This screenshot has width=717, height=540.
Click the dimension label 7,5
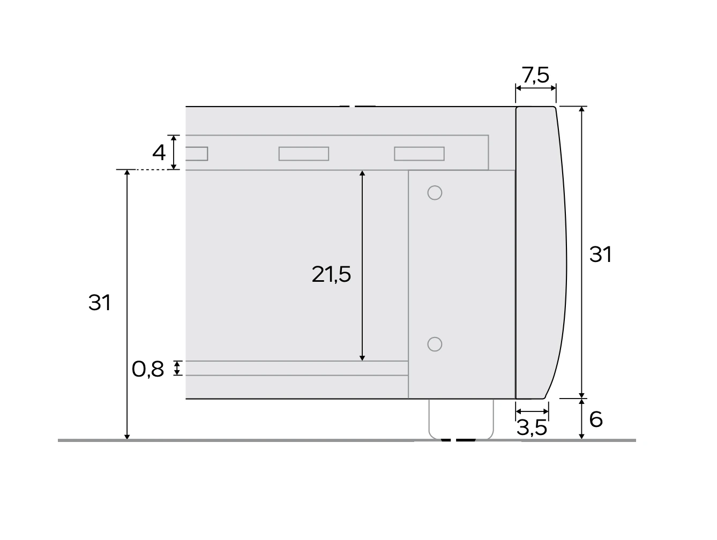tap(535, 76)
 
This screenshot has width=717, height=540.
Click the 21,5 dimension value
tap(331, 274)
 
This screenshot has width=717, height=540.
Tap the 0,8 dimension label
tap(148, 369)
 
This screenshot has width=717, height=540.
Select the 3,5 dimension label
tap(532, 427)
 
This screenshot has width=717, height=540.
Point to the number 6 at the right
tap(596, 419)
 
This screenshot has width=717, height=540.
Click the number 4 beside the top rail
tap(159, 153)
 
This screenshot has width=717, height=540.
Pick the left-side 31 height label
tap(100, 303)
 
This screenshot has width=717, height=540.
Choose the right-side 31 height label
tap(600, 254)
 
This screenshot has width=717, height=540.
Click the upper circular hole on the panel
tap(435, 192)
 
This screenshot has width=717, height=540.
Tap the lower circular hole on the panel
tap(435, 344)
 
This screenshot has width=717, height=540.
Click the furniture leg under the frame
tap(461, 419)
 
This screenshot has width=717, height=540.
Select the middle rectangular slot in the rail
tap(303, 154)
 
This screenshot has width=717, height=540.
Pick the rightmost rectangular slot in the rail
tap(419, 154)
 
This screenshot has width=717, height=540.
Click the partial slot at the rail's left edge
tap(196, 154)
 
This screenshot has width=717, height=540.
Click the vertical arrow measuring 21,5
tap(363, 225)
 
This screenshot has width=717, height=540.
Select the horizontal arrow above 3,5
tap(532, 411)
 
